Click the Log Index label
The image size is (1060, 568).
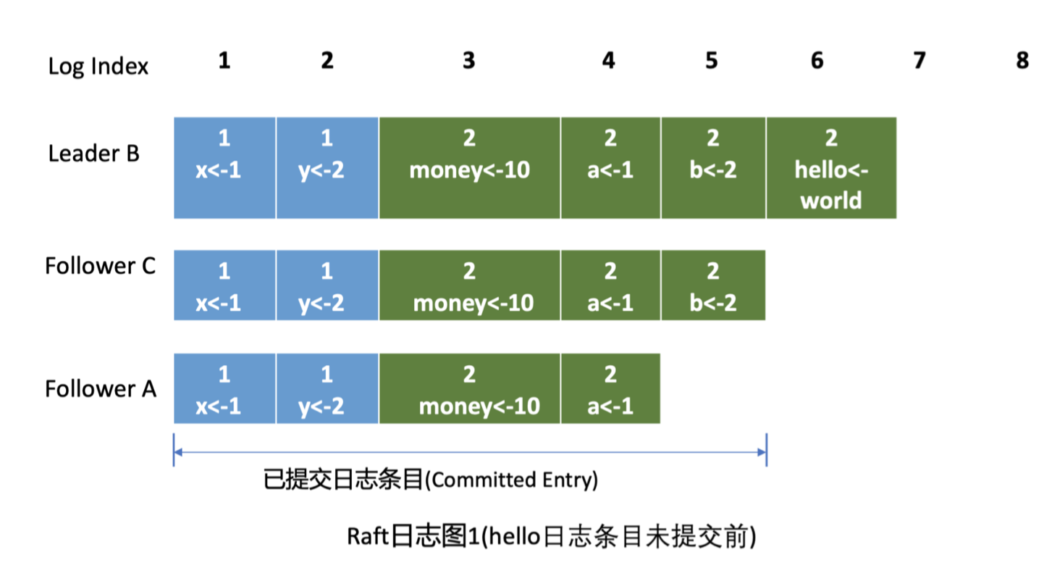coord(98,67)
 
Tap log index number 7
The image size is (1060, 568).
coord(919,61)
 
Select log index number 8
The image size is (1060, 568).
coord(1022,61)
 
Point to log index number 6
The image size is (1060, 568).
coord(817,61)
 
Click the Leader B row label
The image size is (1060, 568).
coord(94,154)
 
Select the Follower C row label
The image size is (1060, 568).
coord(100,266)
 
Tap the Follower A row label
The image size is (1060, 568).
coord(101,389)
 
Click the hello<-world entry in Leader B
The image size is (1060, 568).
coord(830,168)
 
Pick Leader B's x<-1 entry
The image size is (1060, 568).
coord(224,168)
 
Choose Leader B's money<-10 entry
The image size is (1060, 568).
coord(469,168)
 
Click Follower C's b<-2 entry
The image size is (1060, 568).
coord(712,285)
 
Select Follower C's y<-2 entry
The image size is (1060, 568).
coord(327,285)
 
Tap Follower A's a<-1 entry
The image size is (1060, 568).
coord(610,389)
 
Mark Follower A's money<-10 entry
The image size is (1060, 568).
coord(469,389)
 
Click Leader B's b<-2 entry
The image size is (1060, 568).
coord(712,168)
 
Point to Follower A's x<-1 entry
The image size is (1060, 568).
coord(224,389)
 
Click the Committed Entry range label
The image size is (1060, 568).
coord(430,480)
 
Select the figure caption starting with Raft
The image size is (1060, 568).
coord(552,537)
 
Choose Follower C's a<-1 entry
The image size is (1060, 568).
coord(610,285)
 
